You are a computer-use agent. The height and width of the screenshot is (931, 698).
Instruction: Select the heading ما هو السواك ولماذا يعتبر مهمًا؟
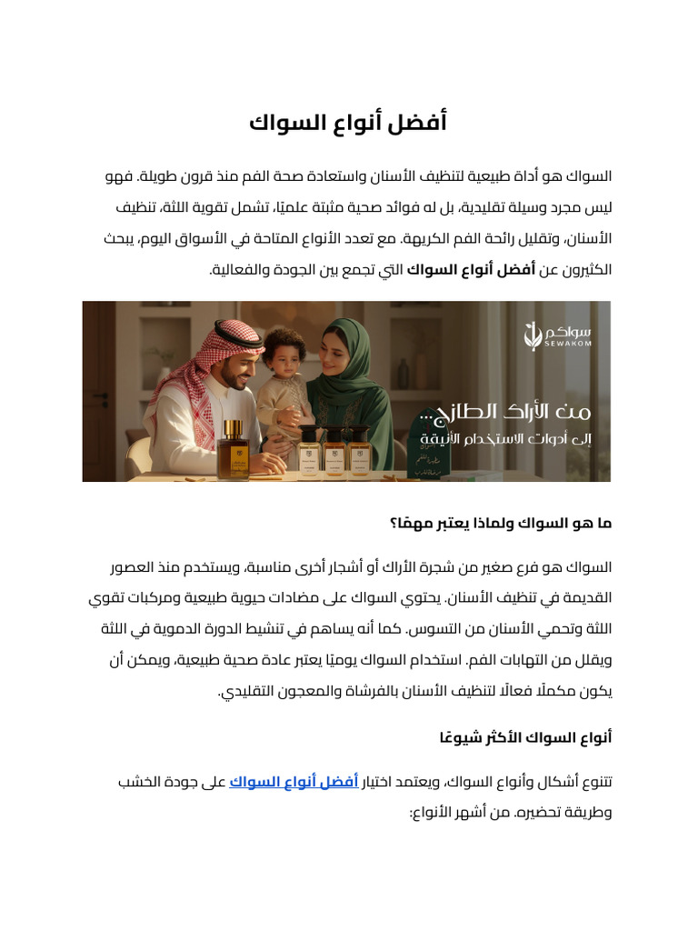coord(501,524)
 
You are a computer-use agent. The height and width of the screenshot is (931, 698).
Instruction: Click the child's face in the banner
coord(284,357)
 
